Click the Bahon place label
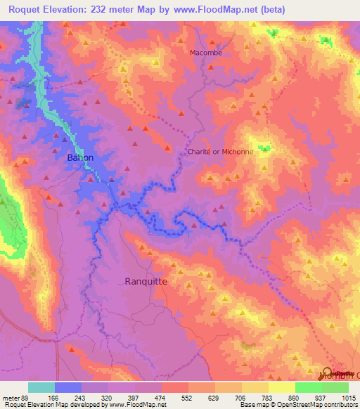pos(79,158)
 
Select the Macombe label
pos(205,53)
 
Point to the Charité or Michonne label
pos(219,151)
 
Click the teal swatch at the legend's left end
pos(41,387)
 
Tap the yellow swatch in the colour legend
pos(281,387)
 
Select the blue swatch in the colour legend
pos(68,387)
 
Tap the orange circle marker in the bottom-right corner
pos(328,372)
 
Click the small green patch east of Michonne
pos(264,148)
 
